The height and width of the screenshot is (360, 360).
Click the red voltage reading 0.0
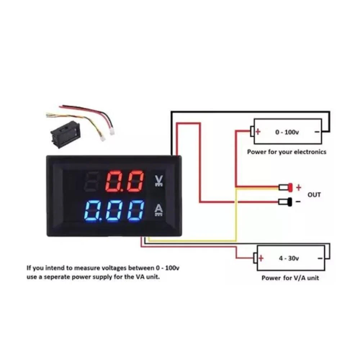(125, 181)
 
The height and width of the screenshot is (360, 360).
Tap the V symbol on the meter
(159, 181)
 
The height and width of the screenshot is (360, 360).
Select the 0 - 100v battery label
(287, 132)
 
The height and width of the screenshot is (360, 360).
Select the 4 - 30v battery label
(289, 258)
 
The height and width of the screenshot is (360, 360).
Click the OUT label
(314, 195)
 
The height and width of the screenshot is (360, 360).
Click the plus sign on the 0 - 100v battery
(258, 132)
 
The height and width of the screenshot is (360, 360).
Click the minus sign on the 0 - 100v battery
(317, 132)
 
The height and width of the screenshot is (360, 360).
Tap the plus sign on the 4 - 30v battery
(261, 258)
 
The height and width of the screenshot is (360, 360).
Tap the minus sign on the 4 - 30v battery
(320, 258)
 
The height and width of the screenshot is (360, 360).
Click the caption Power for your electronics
(287, 152)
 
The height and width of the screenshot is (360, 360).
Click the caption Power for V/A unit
(290, 278)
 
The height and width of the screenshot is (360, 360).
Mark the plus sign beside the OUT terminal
(298, 188)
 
